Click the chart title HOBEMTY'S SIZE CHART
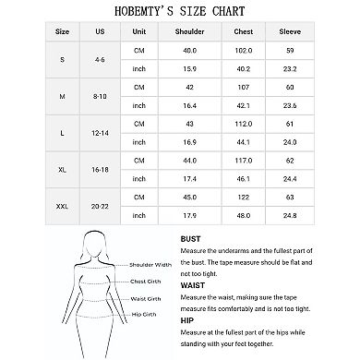(179, 11)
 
